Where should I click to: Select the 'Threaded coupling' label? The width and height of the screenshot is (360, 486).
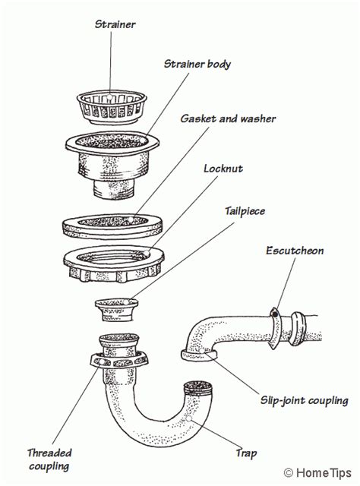tap(49, 459)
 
